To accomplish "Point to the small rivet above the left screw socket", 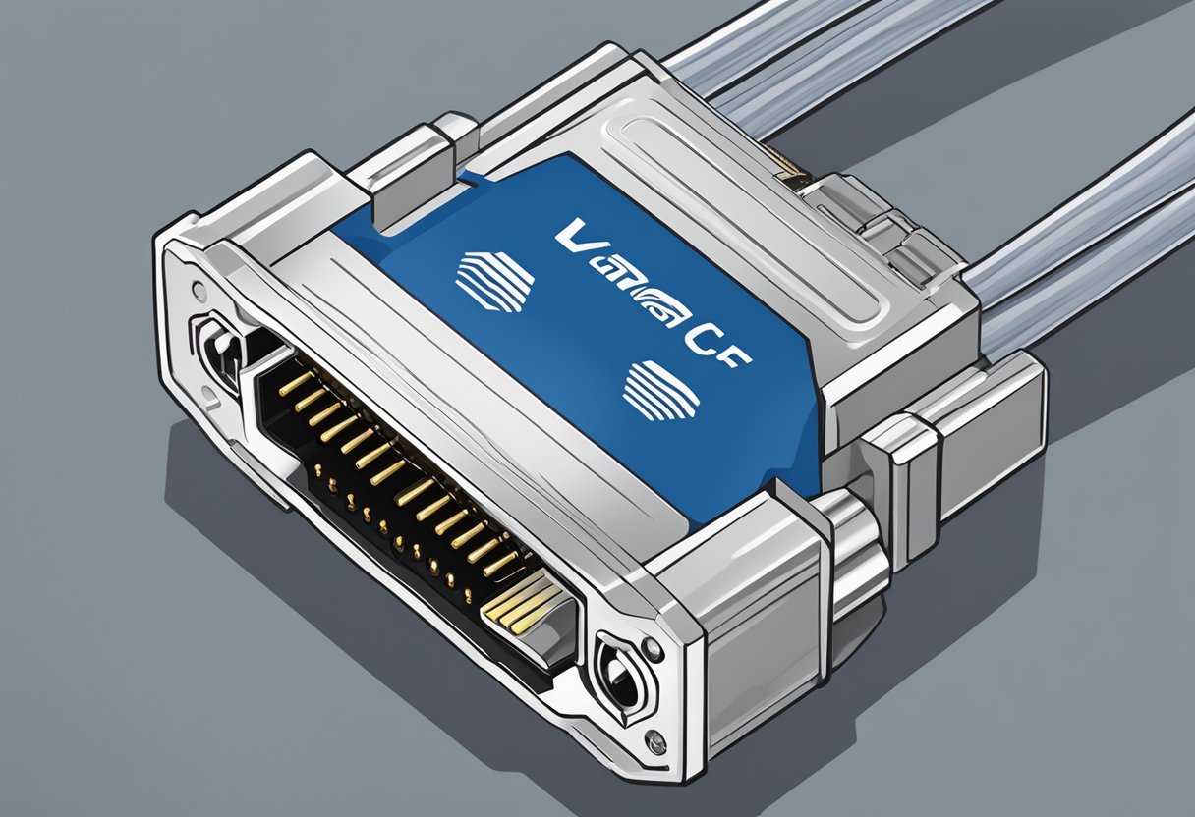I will (x=200, y=291).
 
